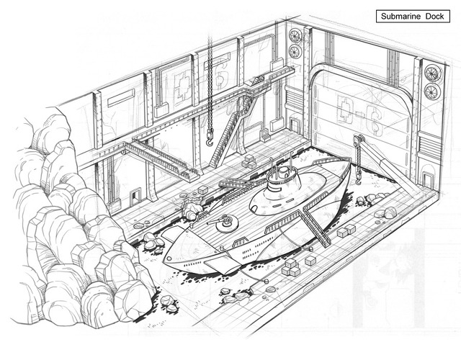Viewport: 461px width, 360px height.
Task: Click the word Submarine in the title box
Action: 401,16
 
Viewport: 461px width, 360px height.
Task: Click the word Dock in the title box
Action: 434,16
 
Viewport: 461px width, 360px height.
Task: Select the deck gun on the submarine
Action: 223,222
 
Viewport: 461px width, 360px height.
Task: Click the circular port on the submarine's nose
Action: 169,258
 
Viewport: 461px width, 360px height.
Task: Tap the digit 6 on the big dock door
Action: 375,121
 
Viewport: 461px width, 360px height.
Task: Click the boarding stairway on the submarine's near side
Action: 316,225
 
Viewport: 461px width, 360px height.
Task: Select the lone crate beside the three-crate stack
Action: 310,261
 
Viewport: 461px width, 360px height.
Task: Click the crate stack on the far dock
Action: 249,161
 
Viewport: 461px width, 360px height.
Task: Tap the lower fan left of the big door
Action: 295,52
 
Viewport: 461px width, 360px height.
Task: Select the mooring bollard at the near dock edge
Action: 267,282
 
